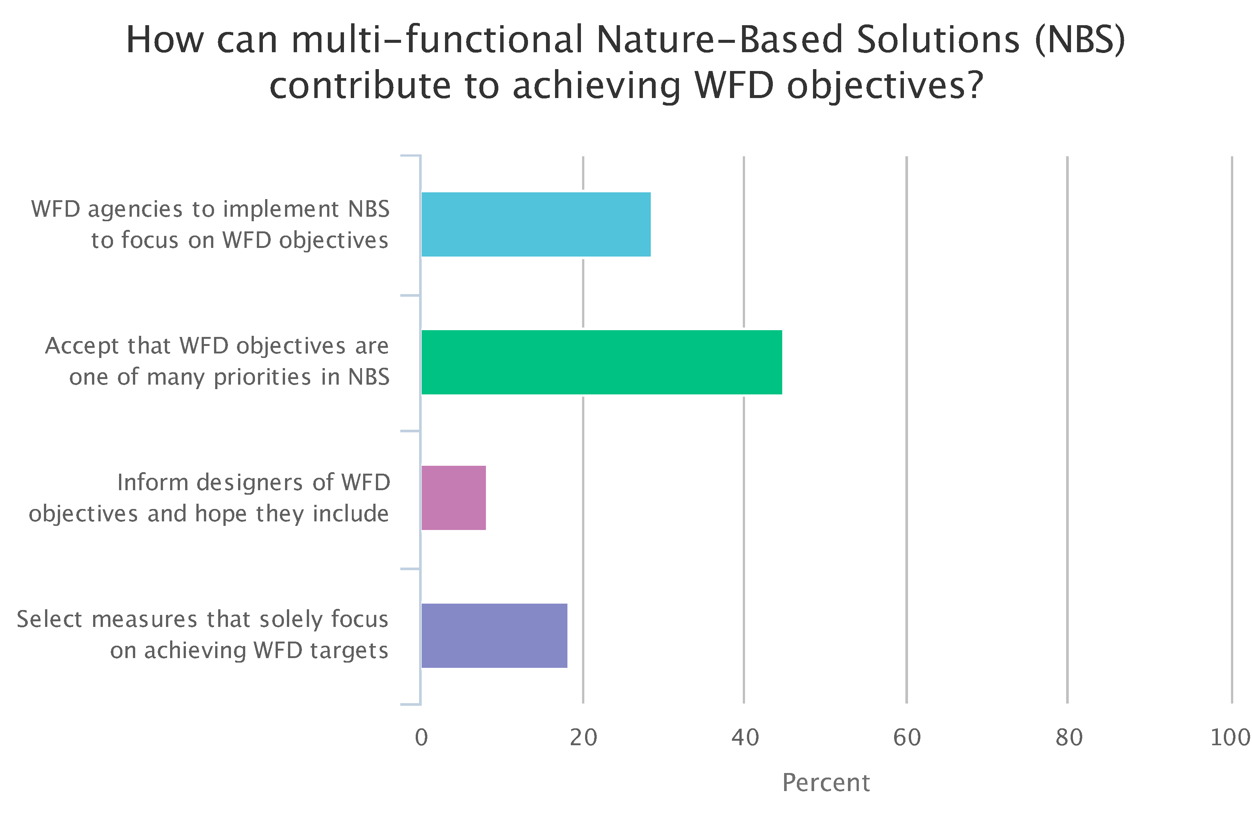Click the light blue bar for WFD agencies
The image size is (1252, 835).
536,224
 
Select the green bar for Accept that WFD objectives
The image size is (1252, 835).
602,362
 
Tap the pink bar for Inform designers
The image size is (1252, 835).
454,498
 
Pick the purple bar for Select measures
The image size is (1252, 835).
495,635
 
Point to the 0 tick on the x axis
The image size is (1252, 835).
421,738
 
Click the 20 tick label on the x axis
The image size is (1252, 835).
584,738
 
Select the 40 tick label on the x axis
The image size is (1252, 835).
745,738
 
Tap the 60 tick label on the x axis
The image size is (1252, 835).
907,738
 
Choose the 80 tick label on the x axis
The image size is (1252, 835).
1069,738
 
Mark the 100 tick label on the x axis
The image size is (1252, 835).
1231,738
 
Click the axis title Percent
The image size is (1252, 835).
826,783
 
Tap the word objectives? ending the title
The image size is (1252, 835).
885,87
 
